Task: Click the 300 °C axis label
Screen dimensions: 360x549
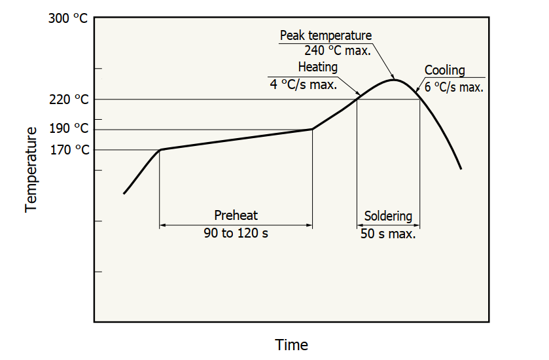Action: pyautogui.click(x=68, y=18)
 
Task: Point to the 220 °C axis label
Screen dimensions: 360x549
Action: pyautogui.click(x=68, y=99)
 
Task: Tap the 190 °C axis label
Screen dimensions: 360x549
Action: pyautogui.click(x=68, y=129)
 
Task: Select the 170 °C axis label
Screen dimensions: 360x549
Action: pyautogui.click(x=68, y=150)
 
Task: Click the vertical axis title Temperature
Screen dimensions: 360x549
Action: pyautogui.click(x=30, y=169)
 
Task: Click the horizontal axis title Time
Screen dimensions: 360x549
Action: pyautogui.click(x=291, y=344)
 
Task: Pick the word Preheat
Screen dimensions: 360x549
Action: pyautogui.click(x=236, y=215)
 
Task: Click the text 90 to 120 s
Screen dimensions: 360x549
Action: pyautogui.click(x=236, y=233)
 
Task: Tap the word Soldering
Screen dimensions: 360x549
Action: pyautogui.click(x=388, y=215)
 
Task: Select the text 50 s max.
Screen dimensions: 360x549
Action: pyautogui.click(x=388, y=233)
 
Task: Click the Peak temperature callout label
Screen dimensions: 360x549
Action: pyautogui.click(x=325, y=35)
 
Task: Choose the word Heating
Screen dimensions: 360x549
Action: pyautogui.click(x=318, y=67)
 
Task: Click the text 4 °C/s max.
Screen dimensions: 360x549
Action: pyautogui.click(x=304, y=84)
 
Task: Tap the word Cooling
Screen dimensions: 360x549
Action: pyautogui.click(x=444, y=70)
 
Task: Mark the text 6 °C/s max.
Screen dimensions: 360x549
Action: pyautogui.click(x=453, y=86)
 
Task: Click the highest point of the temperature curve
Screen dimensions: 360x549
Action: pyautogui.click(x=394, y=80)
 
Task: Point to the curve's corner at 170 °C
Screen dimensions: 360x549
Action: pyautogui.click(x=160, y=150)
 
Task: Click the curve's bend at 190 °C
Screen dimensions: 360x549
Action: pyautogui.click(x=312, y=129)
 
